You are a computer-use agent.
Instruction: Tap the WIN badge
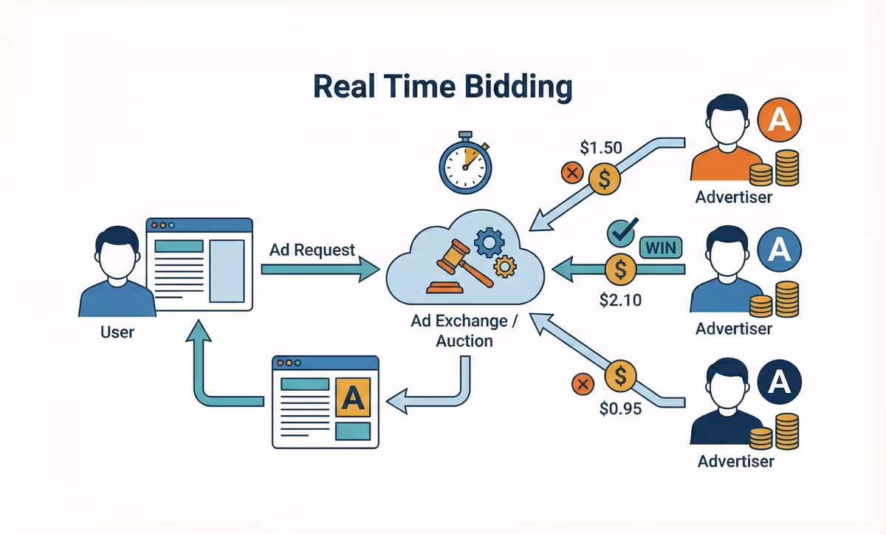[x=661, y=247]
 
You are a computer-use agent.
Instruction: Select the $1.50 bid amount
[x=600, y=148]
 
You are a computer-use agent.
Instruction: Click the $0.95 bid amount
[x=621, y=407]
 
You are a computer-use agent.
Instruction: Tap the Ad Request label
[x=312, y=250]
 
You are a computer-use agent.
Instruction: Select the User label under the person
[x=117, y=332]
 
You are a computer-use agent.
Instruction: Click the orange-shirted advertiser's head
[x=727, y=123]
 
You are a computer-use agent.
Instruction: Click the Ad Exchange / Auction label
[x=464, y=330]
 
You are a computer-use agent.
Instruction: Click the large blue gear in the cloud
[x=490, y=242]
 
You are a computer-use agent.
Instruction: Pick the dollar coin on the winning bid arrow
[x=619, y=269]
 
